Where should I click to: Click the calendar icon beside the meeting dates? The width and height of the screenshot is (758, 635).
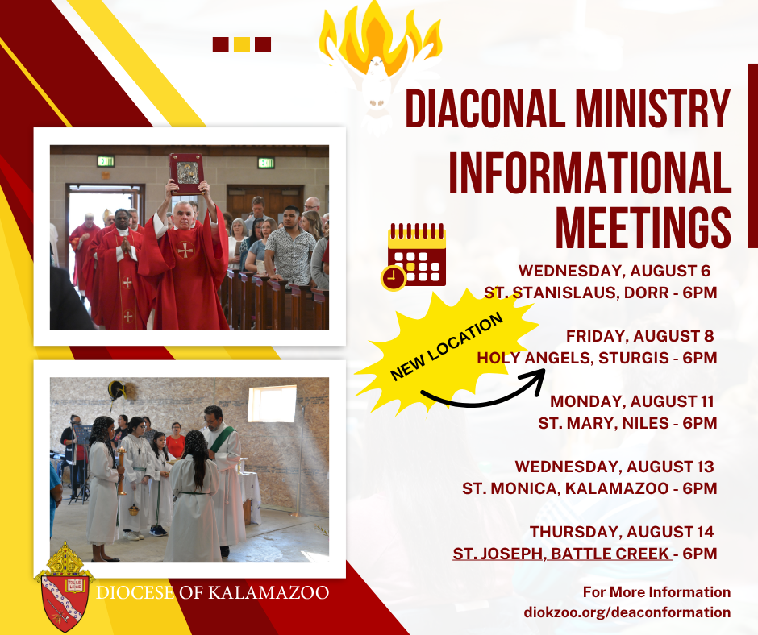tap(414, 256)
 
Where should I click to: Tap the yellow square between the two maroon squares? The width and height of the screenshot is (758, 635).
tap(242, 44)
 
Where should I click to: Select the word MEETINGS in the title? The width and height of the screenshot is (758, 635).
tap(643, 227)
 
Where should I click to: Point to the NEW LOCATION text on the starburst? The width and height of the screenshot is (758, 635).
tap(446, 347)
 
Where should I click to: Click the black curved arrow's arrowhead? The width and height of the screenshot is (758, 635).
tap(537, 379)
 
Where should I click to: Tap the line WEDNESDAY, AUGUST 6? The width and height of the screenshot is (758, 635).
tap(614, 271)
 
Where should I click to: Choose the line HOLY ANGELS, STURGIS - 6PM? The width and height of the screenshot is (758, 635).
tap(597, 358)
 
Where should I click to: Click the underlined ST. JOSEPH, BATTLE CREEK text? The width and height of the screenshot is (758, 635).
tap(562, 554)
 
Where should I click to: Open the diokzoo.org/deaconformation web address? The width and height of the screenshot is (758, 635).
tap(627, 612)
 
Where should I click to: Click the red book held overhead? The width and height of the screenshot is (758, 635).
tap(186, 173)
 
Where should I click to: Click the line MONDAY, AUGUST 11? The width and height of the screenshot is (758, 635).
tap(632, 401)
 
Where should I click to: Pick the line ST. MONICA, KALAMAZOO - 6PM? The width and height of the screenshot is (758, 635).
tap(589, 488)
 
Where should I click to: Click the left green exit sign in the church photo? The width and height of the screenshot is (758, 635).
tap(106, 161)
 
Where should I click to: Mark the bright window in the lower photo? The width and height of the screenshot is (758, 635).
tap(272, 404)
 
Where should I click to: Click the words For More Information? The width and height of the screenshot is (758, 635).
tap(656, 592)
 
